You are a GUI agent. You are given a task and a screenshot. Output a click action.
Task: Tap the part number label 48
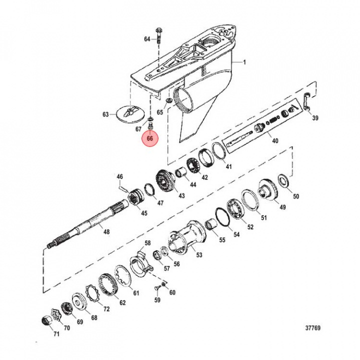[106, 231]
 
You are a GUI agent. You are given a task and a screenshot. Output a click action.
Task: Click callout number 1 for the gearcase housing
[244, 62]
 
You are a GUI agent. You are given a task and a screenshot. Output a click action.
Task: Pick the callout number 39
[314, 118]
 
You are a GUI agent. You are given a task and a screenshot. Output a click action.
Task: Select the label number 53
[199, 255]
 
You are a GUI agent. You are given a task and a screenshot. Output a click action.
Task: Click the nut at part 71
[45, 320]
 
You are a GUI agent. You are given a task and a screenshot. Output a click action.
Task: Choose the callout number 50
[295, 196]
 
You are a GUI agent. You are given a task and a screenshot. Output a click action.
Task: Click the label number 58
[147, 243]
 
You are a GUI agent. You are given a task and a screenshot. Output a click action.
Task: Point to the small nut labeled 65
[169, 102]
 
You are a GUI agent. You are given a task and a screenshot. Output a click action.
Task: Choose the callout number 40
[275, 140]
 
